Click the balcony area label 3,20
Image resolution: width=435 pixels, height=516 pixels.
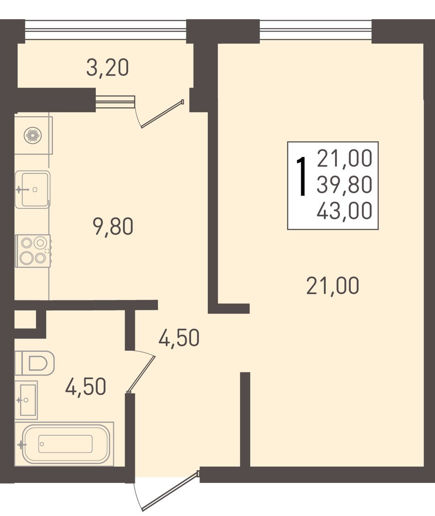[x=108, y=68]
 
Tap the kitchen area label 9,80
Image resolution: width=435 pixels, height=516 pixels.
[x=114, y=227]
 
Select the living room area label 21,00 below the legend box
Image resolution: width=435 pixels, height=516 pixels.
[x=333, y=285]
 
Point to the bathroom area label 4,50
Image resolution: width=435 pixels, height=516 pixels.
[x=86, y=386]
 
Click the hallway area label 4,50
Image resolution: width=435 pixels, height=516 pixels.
[x=179, y=338]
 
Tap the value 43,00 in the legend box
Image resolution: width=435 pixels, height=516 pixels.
[x=345, y=211]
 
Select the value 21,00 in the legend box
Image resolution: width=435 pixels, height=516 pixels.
[x=345, y=158]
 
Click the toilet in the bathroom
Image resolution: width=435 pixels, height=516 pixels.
[x=34, y=362]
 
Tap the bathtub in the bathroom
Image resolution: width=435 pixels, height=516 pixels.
[x=65, y=444]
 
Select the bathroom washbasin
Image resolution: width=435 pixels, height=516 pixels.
[x=26, y=400]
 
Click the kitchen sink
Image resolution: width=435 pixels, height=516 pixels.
[x=33, y=189]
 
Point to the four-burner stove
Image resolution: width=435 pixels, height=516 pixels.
[x=33, y=251]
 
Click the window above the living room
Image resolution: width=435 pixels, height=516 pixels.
[x=315, y=30]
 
